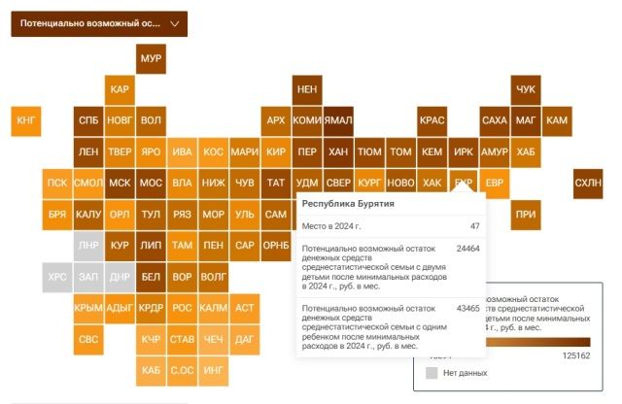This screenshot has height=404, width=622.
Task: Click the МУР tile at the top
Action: (151, 59)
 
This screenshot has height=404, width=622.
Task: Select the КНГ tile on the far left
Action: (26, 120)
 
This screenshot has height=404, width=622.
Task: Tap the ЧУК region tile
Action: (526, 89)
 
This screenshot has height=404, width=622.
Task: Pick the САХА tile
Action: (495, 120)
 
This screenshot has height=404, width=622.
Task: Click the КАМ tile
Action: (557, 120)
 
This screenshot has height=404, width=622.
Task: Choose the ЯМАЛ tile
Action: (338, 120)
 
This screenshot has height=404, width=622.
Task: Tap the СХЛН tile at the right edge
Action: (588, 183)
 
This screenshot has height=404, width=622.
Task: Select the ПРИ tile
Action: (526, 214)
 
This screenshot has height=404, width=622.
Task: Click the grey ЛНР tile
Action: (88, 245)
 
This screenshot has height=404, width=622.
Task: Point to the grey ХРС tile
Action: (57, 277)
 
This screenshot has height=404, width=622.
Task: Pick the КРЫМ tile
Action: (88, 308)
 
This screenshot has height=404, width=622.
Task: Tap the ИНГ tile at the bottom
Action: (214, 370)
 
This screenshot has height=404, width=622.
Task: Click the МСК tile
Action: (120, 183)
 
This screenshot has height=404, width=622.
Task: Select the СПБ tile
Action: (88, 120)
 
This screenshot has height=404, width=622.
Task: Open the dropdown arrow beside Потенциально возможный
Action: (174, 22)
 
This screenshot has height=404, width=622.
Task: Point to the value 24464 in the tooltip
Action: (467, 249)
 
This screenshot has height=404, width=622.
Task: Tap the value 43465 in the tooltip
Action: (467, 308)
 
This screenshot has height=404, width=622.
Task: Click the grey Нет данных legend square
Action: (432, 372)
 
